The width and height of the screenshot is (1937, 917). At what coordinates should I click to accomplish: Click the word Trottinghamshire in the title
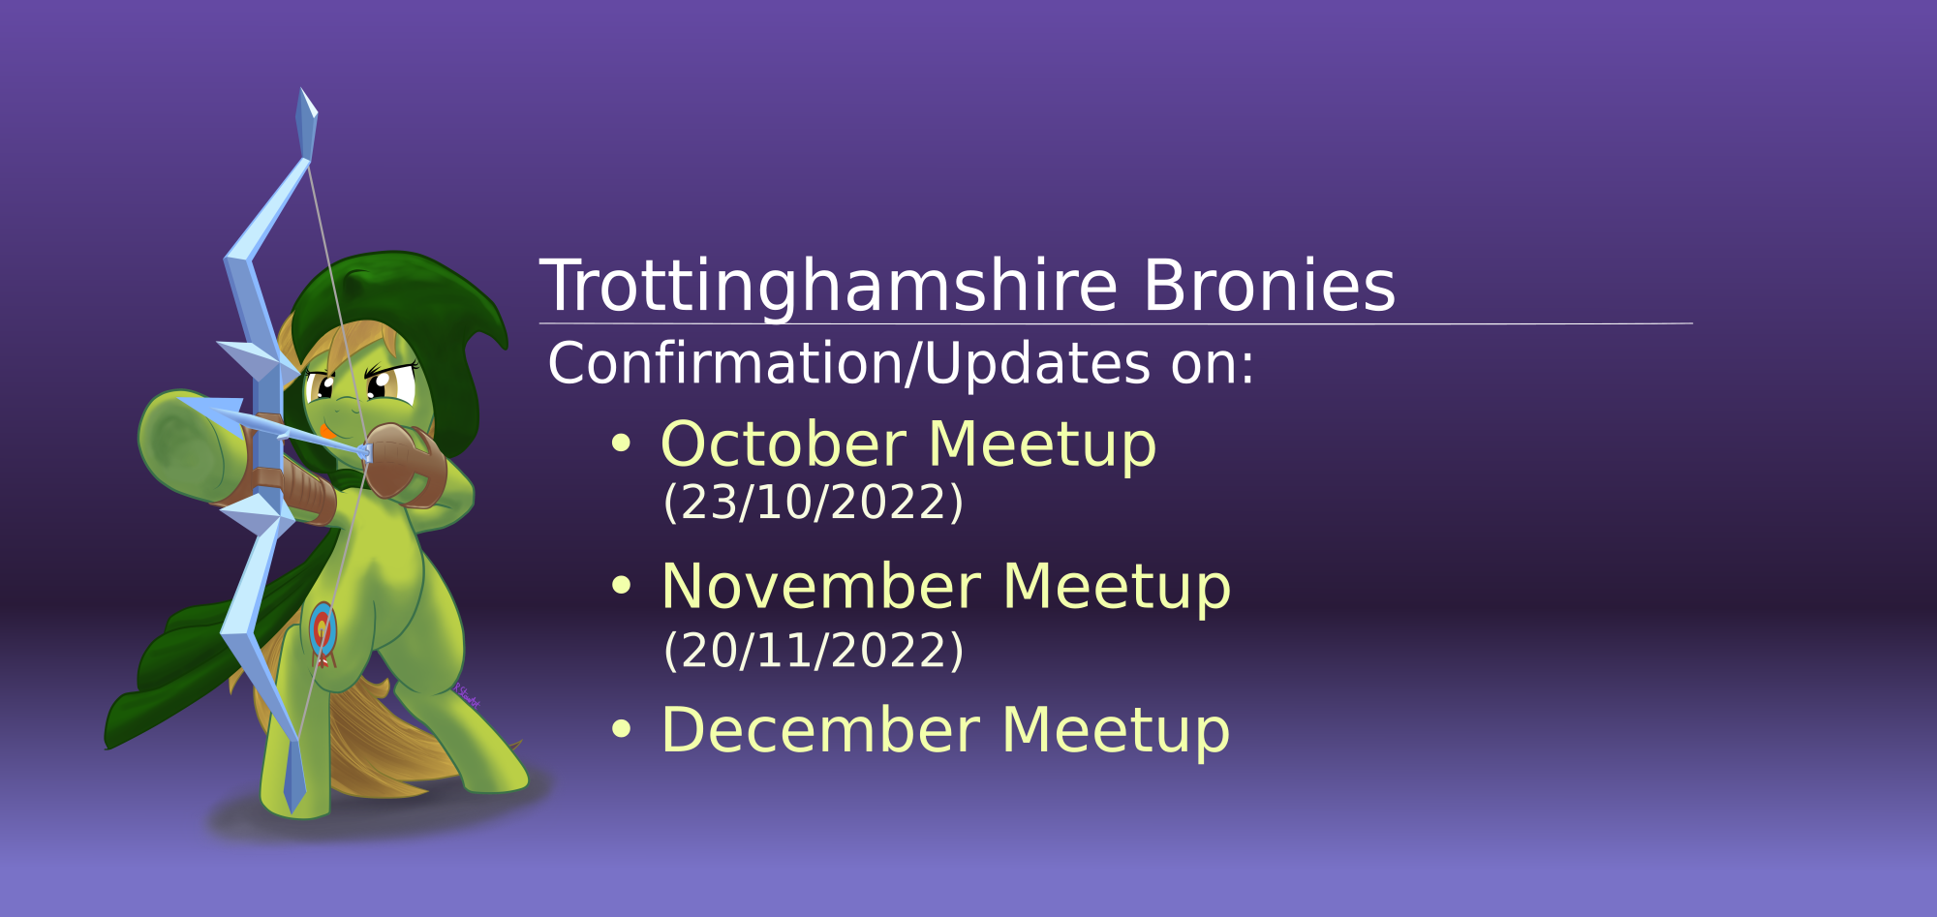coord(829,288)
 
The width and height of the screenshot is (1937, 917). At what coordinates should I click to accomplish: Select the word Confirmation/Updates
coord(849,364)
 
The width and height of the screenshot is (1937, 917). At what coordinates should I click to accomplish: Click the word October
coord(784,444)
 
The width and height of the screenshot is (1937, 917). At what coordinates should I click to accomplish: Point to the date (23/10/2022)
coord(814,502)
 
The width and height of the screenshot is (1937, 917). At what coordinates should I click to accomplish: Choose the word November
coord(820,587)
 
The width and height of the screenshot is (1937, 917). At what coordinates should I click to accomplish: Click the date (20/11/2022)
coord(814,650)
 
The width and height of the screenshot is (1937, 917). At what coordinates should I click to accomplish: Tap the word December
coord(820,730)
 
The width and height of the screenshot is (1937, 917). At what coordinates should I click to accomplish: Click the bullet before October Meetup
coord(621,444)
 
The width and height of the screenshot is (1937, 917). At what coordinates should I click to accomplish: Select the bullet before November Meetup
coord(621,586)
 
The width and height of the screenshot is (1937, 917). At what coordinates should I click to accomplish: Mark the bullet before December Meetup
coord(621,729)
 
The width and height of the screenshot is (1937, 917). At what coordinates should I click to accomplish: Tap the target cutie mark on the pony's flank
coord(323,630)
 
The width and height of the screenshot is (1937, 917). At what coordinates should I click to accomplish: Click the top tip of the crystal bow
coord(301,89)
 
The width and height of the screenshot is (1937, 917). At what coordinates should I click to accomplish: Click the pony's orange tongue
coord(328,429)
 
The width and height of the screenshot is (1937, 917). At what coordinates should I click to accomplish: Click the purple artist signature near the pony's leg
coord(467,694)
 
